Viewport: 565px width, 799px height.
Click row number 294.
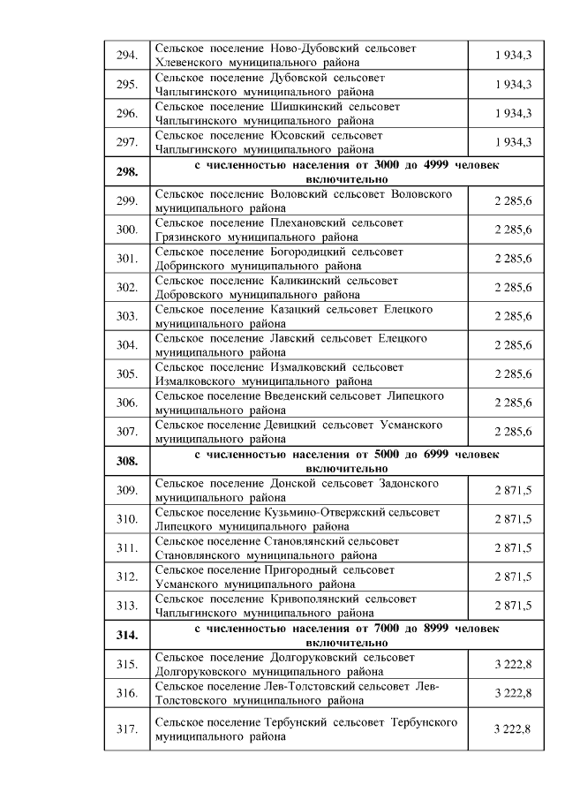click(x=126, y=55)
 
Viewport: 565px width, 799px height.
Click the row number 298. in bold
click(x=126, y=171)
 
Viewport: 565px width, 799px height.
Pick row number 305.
click(x=126, y=373)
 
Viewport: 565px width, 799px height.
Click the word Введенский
click(x=304, y=396)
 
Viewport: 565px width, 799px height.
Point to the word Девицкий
click(x=291, y=425)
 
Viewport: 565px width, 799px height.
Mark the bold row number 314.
click(x=126, y=634)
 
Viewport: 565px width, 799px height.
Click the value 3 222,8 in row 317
click(x=512, y=728)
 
